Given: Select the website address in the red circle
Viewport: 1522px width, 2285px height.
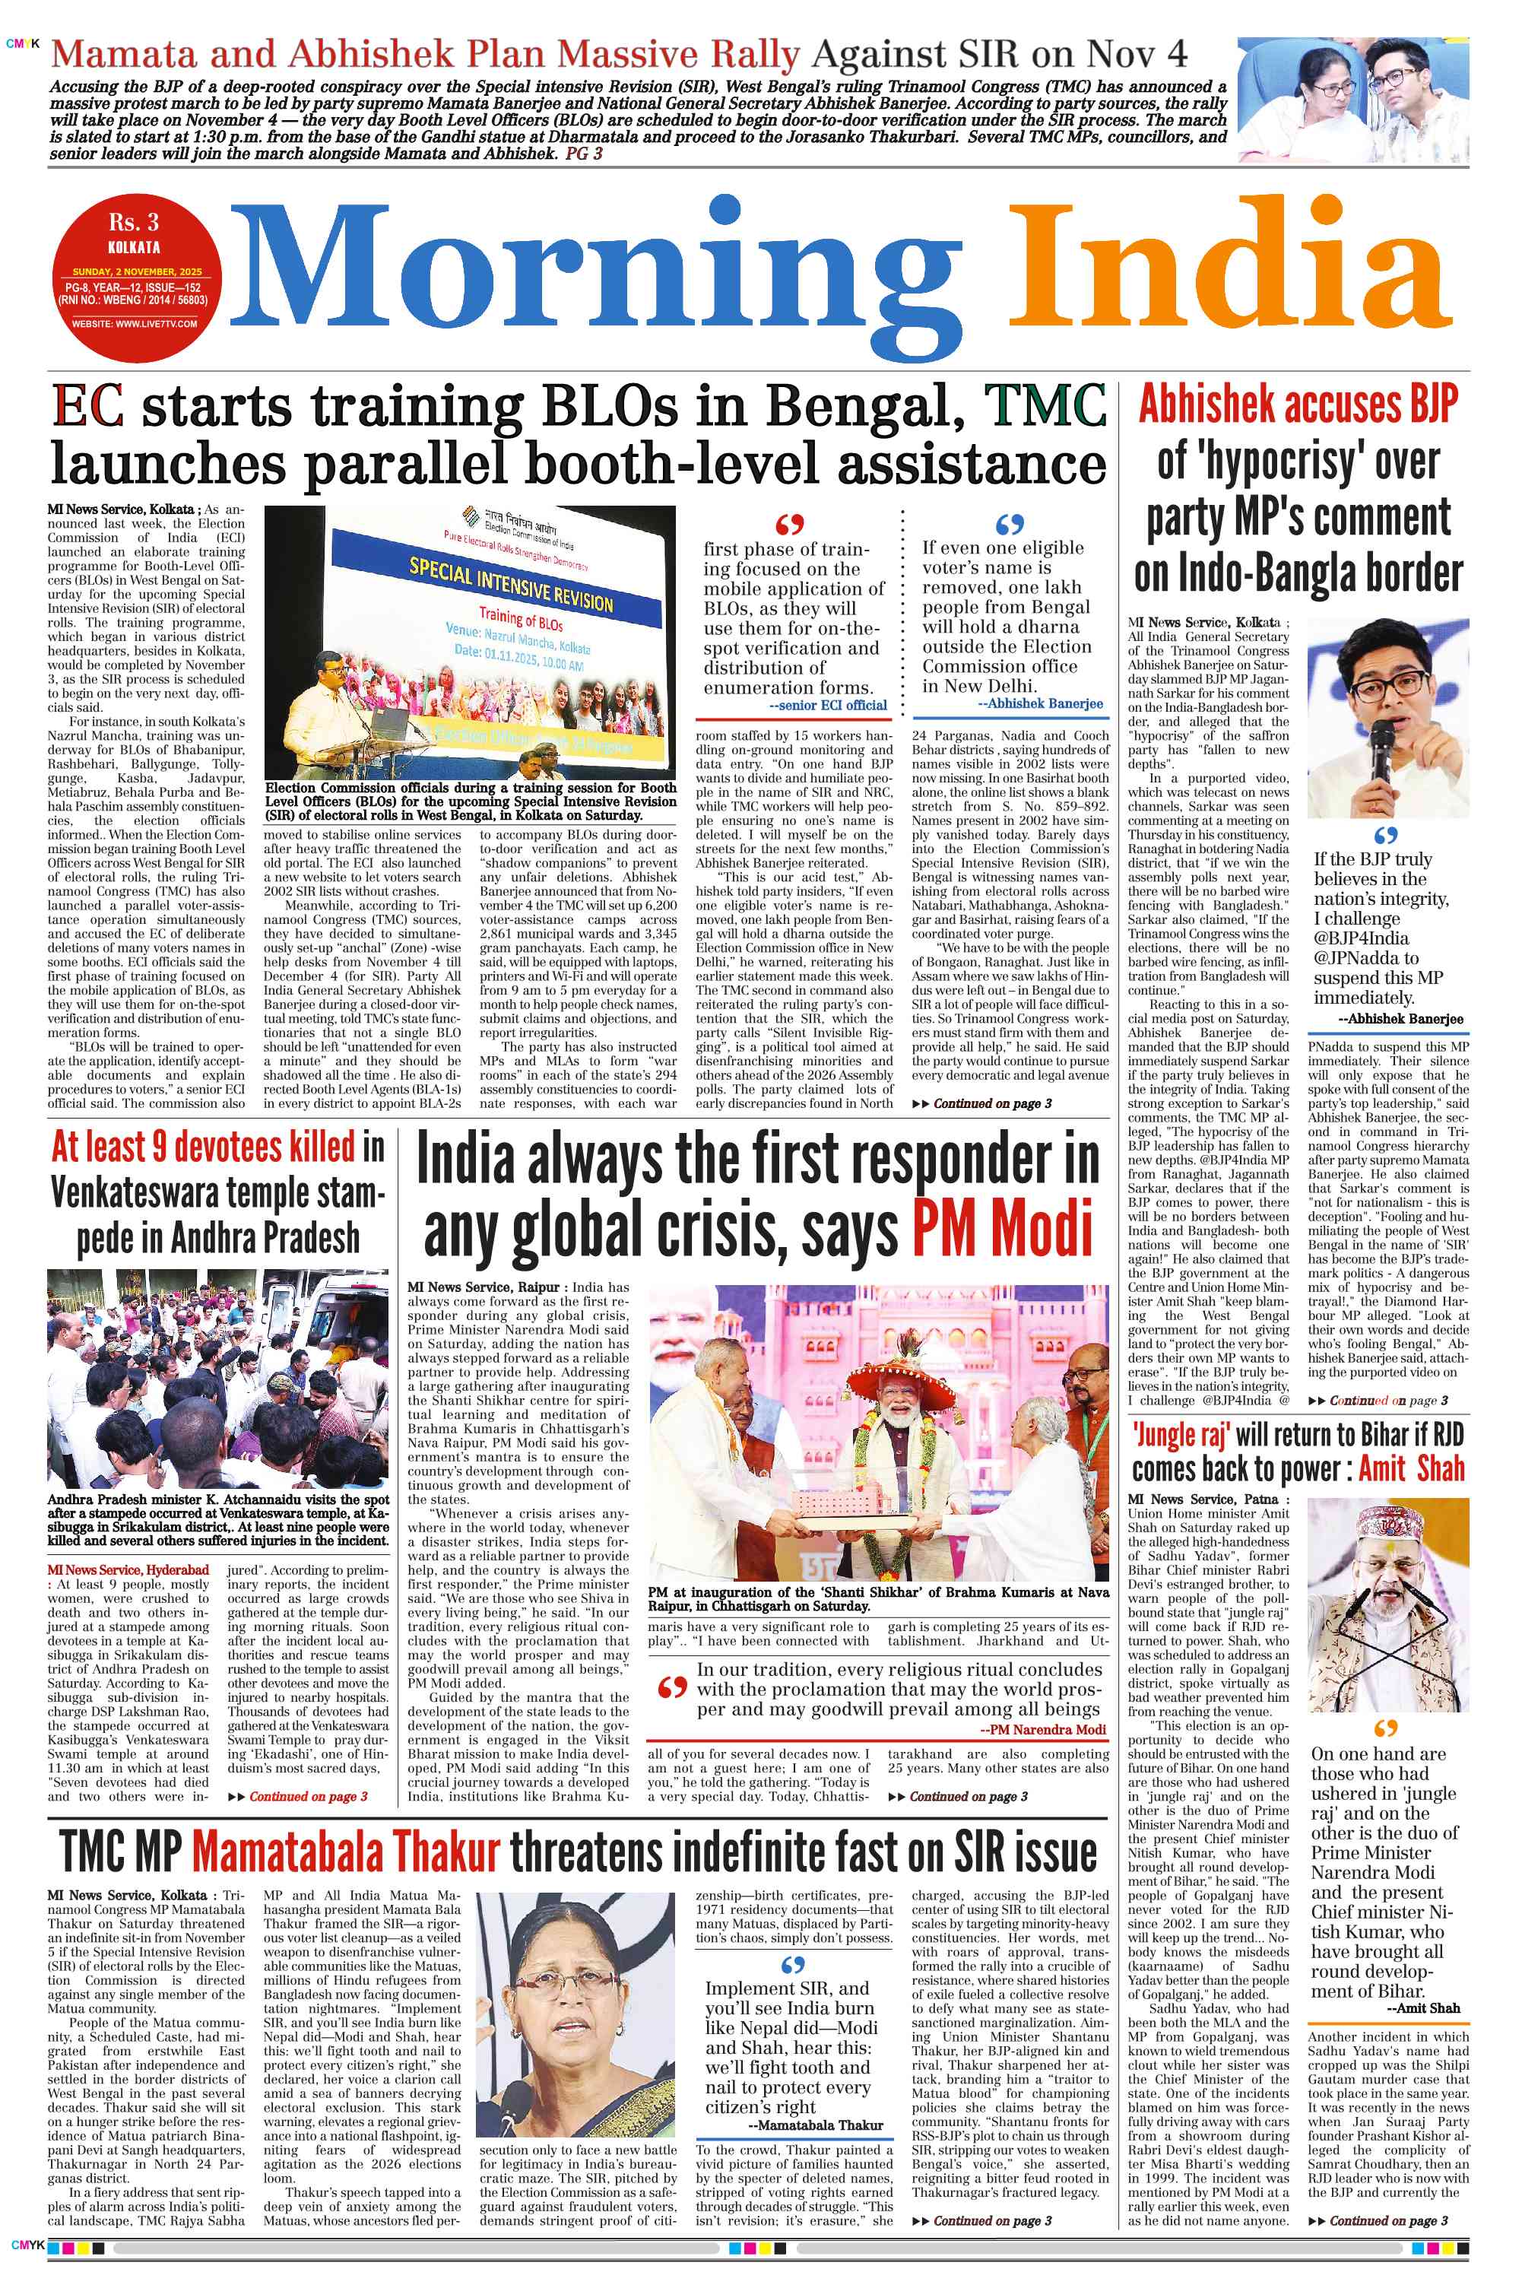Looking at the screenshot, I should pos(134,323).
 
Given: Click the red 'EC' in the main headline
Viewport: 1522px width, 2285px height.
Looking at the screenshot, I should pos(87,407).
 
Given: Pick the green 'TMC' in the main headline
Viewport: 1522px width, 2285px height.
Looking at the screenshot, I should pos(1045,407).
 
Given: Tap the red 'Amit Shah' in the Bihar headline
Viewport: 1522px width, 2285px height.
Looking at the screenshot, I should pos(1410,1468).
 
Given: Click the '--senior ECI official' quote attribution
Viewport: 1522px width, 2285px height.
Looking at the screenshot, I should pos(827,706).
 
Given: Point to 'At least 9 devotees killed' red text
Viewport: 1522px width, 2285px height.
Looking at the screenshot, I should pos(203,1147).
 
